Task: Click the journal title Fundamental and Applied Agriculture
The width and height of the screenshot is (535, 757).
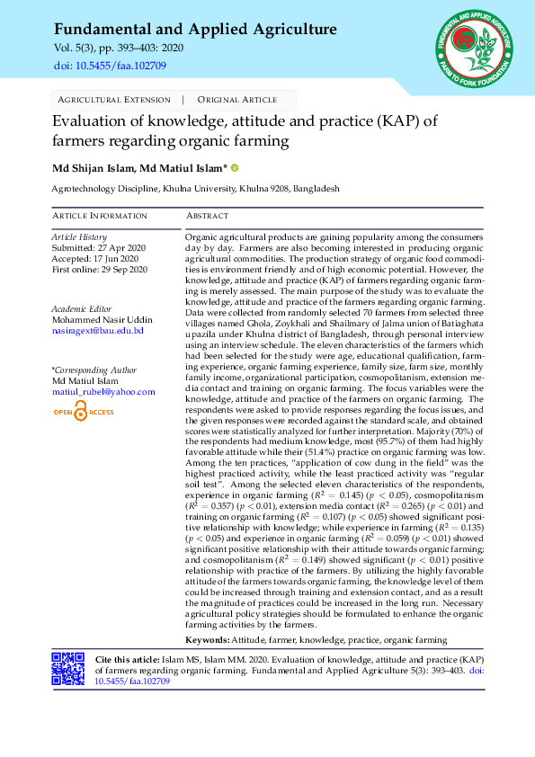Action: (x=195, y=30)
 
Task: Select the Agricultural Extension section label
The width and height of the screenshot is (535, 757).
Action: (x=113, y=100)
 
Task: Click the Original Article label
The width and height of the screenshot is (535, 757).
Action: (x=237, y=100)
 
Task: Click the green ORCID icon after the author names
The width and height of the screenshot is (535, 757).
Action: (x=236, y=167)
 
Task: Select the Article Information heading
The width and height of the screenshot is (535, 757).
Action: (x=100, y=216)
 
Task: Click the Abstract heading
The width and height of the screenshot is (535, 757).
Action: (x=208, y=216)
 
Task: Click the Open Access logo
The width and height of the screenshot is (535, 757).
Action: (x=84, y=412)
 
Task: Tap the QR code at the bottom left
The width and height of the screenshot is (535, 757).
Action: (x=69, y=671)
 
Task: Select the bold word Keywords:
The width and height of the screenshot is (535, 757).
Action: (x=207, y=639)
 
